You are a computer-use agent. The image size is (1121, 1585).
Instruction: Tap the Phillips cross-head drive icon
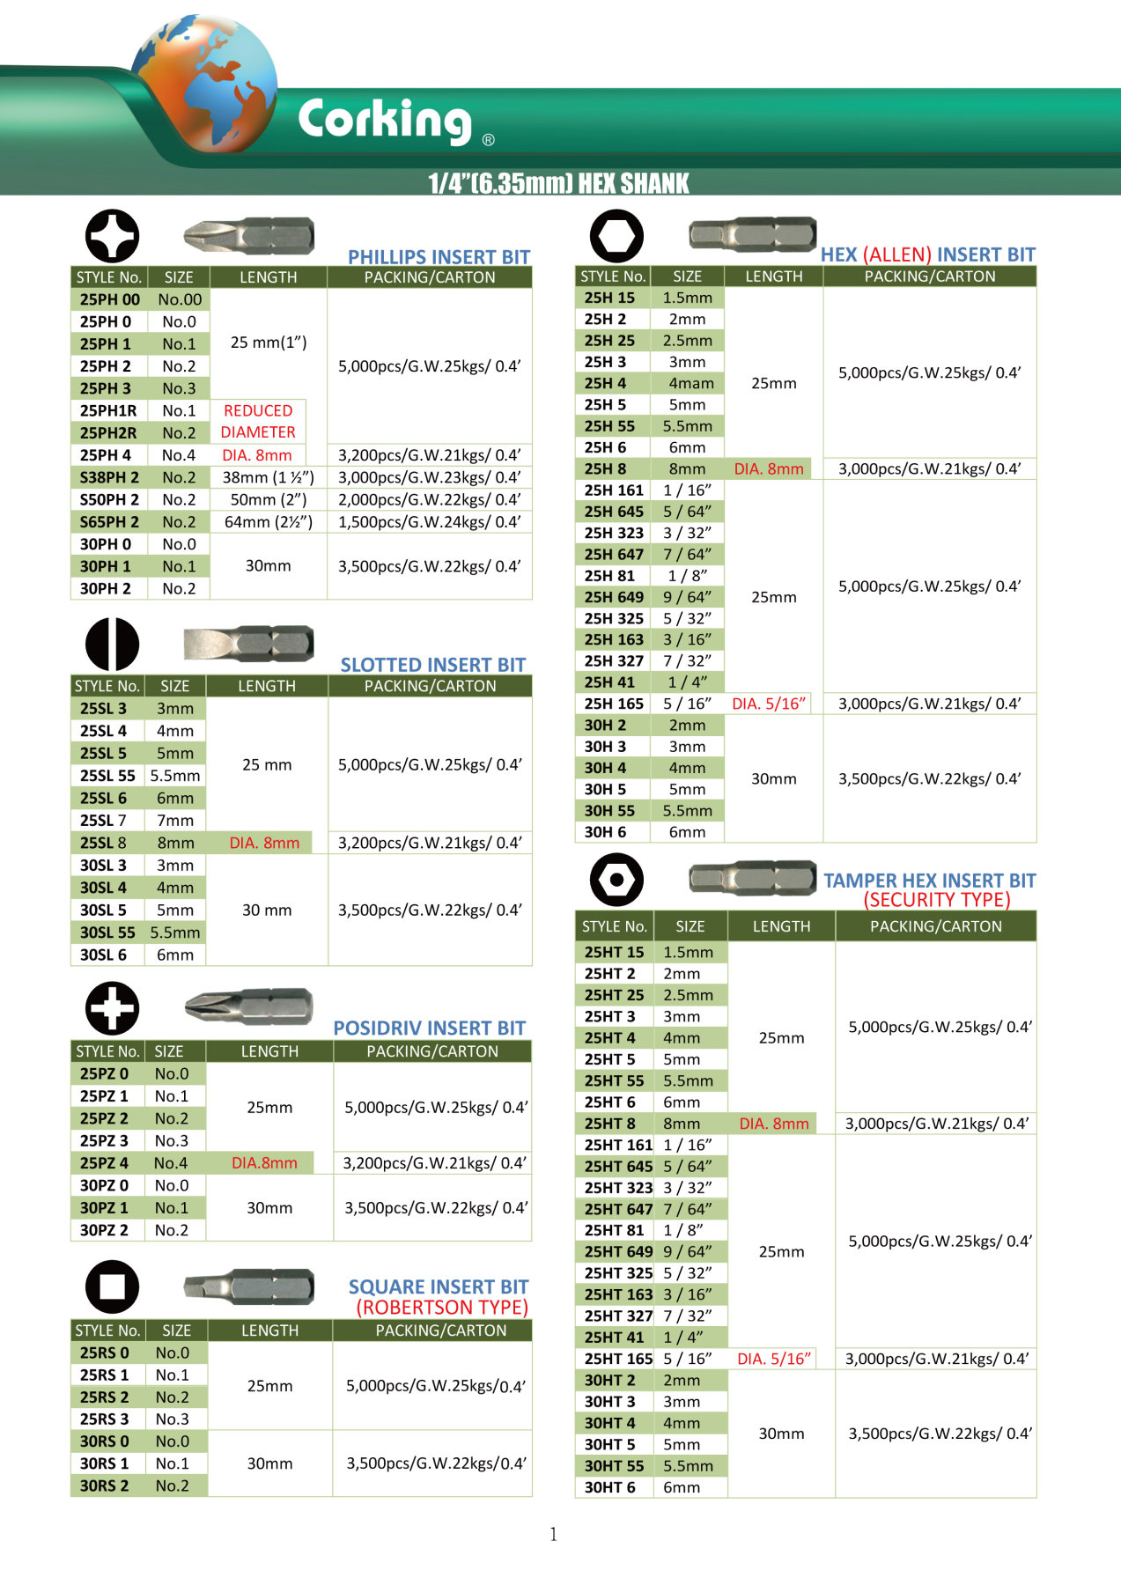pyautogui.click(x=112, y=235)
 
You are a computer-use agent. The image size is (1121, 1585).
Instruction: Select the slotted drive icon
pyautogui.click(x=112, y=644)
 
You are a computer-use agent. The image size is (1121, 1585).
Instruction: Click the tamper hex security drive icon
pyautogui.click(x=616, y=879)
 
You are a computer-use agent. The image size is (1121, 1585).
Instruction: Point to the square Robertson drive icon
pyautogui.click(x=112, y=1286)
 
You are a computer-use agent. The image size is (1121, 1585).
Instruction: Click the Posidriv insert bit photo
pyautogui.click(x=248, y=1006)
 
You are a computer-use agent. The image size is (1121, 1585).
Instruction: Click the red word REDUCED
pyautogui.click(x=258, y=410)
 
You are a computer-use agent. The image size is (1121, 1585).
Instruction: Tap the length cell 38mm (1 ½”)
pyautogui.click(x=268, y=477)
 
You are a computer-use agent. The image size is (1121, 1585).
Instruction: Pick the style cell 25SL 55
pyautogui.click(x=107, y=776)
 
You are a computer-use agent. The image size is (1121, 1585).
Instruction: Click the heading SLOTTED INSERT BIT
pyautogui.click(x=432, y=665)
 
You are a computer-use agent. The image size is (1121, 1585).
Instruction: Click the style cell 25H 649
pyautogui.click(x=614, y=597)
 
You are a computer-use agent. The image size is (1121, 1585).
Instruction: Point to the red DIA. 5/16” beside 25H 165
pyautogui.click(x=769, y=704)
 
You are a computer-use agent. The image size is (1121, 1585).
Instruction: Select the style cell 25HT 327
pyautogui.click(x=618, y=1316)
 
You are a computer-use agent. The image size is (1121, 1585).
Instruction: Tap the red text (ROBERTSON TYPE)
pyautogui.click(x=441, y=1307)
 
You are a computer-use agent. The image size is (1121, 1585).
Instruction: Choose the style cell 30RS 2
pyautogui.click(x=104, y=1485)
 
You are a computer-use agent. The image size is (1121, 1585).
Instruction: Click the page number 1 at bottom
pyautogui.click(x=553, y=1534)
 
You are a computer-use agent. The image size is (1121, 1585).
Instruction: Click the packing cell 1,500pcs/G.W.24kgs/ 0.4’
pyautogui.click(x=429, y=521)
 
